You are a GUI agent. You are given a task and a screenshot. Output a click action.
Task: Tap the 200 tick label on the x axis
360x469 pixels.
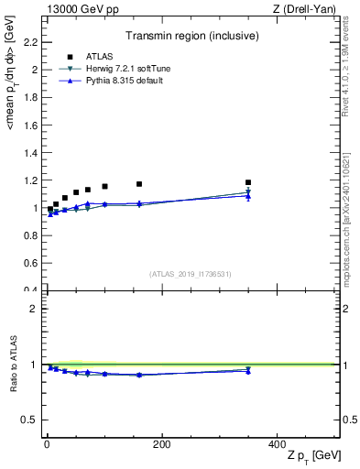pyautogui.click(x=161, y=444)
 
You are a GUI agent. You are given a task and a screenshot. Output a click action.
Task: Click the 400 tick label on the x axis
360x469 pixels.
pyautogui.click(x=276, y=444)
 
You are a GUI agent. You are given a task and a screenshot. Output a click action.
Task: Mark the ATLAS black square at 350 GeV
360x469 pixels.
pyautogui.click(x=247, y=182)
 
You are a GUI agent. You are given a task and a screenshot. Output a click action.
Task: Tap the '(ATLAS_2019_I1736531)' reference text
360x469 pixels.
pyautogui.click(x=191, y=274)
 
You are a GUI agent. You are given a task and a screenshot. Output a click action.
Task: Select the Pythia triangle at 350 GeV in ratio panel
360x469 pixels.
pyautogui.click(x=247, y=371)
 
